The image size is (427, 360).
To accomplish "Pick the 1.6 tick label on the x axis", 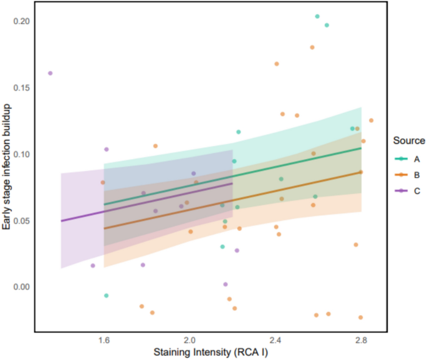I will coord(104,341).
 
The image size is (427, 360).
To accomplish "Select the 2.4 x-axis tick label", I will coord(275,341).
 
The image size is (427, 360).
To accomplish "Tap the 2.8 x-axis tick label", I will coord(360,341).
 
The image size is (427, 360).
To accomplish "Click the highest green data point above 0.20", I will coord(317,16).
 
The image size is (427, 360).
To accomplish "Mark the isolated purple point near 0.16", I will coord(50,73).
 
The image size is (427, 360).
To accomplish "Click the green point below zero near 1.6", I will coord(107,295).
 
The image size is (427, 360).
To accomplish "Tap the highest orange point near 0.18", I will coord(312,47).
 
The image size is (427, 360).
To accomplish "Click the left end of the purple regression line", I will coord(61,220).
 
